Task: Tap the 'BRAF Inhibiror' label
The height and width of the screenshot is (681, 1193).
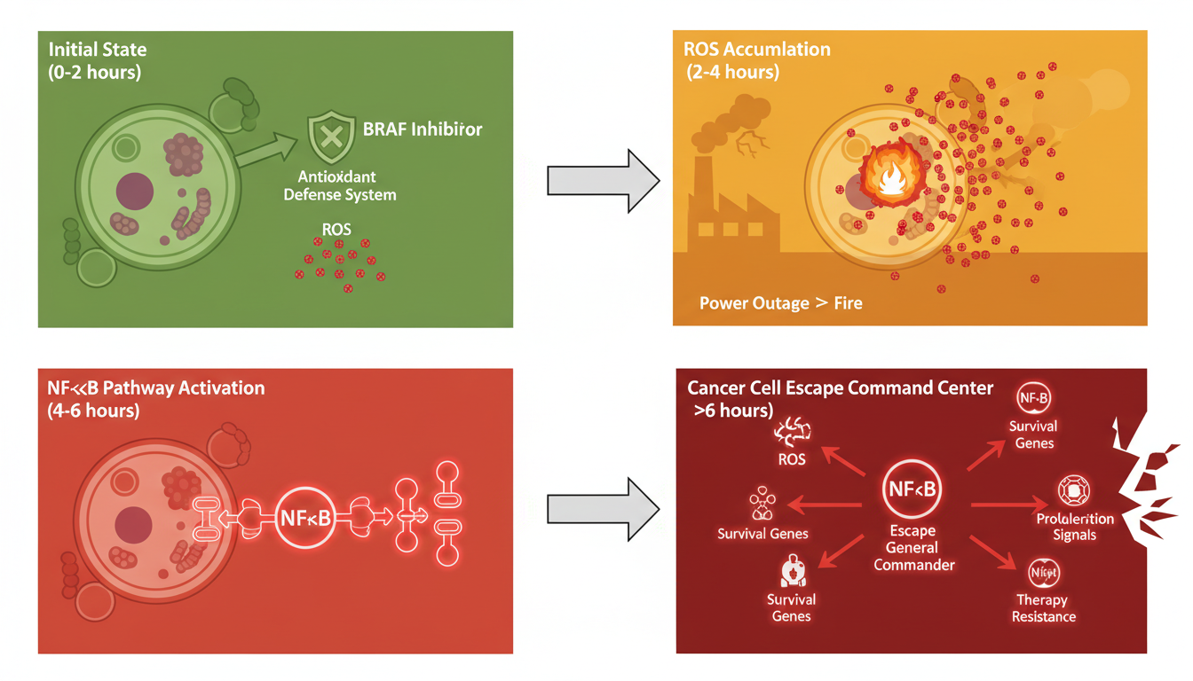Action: coord(423,129)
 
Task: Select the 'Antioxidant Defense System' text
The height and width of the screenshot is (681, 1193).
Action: coord(340,185)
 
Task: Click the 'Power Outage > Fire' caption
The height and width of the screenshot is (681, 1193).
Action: coord(780,303)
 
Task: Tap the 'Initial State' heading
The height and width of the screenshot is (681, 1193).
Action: coord(98,50)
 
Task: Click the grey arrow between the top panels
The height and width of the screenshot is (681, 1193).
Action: coord(603,181)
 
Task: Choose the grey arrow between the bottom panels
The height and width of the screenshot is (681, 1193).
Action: coord(603,509)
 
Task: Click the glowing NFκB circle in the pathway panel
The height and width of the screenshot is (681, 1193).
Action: coord(305,518)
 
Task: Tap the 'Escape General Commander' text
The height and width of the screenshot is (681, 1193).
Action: coord(913,547)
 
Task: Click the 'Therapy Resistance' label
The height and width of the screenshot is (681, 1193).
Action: coord(1044,608)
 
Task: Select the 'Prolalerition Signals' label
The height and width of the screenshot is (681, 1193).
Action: coord(1075,527)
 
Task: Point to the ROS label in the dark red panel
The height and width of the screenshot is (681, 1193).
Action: coord(792,459)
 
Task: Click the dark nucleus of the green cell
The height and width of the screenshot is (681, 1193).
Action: coord(135,191)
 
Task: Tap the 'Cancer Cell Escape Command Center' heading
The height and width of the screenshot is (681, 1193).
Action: coord(840,388)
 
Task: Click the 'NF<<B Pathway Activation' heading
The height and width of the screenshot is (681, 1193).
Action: coord(156,388)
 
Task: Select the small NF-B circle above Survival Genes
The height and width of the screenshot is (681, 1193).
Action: coord(1032,398)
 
